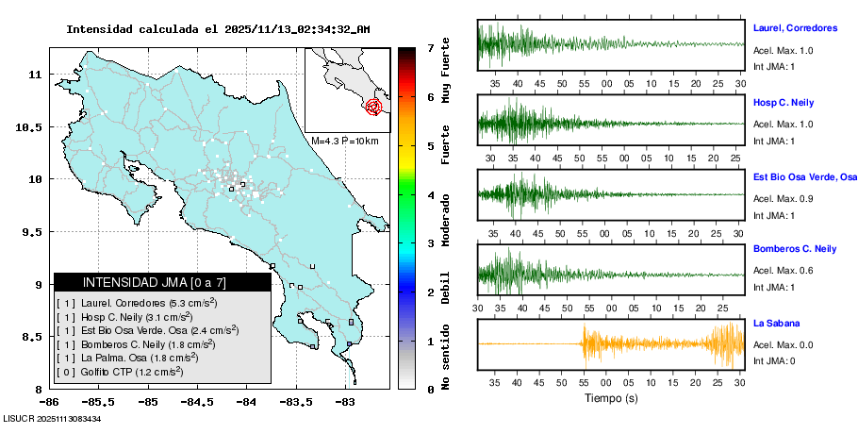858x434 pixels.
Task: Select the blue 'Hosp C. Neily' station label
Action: point(784,101)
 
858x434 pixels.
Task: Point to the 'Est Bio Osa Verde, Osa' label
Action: point(804,176)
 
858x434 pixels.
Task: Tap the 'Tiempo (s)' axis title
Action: point(610,398)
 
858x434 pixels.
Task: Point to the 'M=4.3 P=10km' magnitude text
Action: point(345,141)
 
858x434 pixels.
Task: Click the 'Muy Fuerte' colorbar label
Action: point(446,71)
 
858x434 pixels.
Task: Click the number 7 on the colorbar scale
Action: point(430,47)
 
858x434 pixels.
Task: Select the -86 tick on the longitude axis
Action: point(50,402)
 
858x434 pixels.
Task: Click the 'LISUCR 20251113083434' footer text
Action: point(53,418)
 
